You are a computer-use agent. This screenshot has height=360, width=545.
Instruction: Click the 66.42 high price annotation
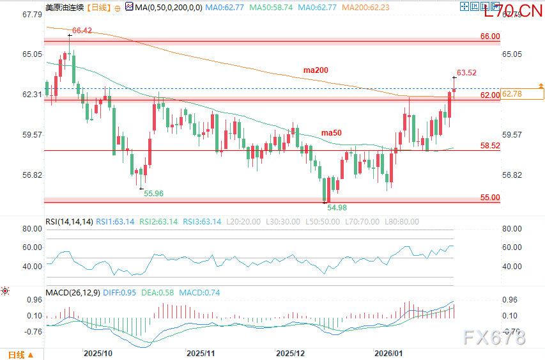click(82, 30)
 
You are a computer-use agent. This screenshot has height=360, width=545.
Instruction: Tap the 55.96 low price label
click(153, 193)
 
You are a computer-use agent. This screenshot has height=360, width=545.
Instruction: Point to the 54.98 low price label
click(337, 208)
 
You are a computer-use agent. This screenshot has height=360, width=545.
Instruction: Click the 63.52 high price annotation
click(466, 72)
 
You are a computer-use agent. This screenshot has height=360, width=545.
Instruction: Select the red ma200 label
click(316, 70)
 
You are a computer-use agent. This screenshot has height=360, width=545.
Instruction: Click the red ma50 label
click(331, 132)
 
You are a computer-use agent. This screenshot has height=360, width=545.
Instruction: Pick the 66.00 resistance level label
click(490, 36)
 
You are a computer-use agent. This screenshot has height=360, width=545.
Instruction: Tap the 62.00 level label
click(490, 95)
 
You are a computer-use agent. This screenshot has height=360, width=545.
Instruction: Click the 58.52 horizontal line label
click(490, 146)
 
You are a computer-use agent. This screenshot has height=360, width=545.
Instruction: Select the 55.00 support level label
click(490, 198)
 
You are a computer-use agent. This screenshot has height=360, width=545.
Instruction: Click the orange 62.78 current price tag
click(513, 94)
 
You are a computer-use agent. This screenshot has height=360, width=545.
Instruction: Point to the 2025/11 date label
click(201, 353)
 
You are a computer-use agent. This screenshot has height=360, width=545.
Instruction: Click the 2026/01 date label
click(388, 353)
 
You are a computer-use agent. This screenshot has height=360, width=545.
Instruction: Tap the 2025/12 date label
click(291, 353)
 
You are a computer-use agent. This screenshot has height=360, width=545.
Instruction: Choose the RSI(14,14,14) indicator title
click(69, 222)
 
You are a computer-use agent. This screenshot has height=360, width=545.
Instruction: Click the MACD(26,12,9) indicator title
click(72, 293)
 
